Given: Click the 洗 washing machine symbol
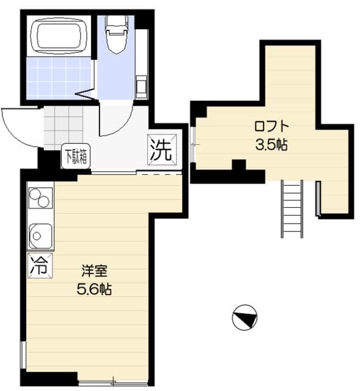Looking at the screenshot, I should click(161, 150).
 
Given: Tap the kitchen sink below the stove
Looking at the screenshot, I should click(40, 235).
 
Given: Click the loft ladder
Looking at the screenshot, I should click(293, 208).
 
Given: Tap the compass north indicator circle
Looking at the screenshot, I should click(245, 318).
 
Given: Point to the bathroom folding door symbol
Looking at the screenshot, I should click(84, 96).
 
